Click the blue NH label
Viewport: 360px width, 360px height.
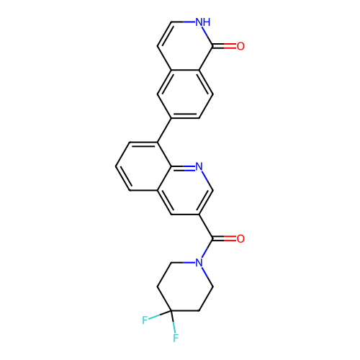(203, 22)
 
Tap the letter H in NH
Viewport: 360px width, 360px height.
(207, 22)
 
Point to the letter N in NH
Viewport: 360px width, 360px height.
(199, 22)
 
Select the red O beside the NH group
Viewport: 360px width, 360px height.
(240, 47)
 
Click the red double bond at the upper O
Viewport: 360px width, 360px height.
(230, 46)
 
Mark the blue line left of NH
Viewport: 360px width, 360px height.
(189, 22)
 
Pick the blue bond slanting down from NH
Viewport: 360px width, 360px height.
(205, 32)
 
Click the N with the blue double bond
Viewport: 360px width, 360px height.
(199, 167)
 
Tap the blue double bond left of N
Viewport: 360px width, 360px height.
(189, 167)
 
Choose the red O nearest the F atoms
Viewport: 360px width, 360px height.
(240, 239)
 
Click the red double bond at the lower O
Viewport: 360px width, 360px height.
(230, 238)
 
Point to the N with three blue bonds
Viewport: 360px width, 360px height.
(199, 263)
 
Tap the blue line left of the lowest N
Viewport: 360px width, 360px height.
(189, 263)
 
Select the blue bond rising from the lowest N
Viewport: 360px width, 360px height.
(204, 253)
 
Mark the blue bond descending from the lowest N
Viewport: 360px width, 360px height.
(205, 272)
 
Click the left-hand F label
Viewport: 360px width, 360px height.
(145, 320)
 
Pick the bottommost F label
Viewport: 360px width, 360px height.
(176, 338)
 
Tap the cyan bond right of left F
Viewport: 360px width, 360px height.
(155, 317)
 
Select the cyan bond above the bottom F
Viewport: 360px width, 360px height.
(174, 327)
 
